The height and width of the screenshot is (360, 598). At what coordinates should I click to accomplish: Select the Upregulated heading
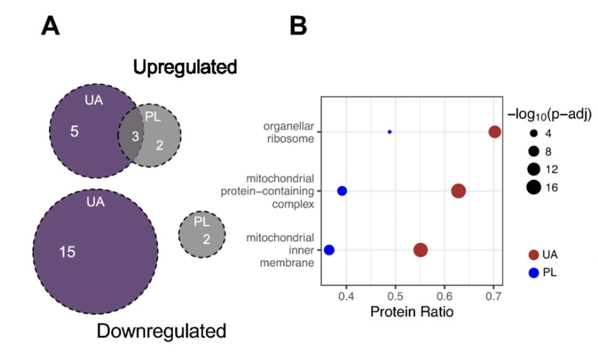[x=185, y=67]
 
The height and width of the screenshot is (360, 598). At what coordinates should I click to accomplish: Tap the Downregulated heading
[x=162, y=331]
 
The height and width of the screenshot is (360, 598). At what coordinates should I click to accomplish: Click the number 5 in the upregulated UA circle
[x=74, y=131]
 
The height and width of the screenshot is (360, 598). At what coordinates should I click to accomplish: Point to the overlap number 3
[x=136, y=137]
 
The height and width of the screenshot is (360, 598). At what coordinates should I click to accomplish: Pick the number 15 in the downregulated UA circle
[x=67, y=251]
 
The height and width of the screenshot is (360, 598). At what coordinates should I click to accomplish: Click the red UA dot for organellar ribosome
[x=494, y=132]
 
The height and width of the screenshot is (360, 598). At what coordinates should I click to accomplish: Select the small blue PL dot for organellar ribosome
[x=390, y=132]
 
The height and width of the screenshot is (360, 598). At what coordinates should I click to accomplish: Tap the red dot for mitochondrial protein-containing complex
[x=458, y=191]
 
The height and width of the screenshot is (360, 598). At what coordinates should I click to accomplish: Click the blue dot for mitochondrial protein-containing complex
[x=342, y=191]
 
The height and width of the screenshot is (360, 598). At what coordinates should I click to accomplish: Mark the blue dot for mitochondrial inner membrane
[x=329, y=250]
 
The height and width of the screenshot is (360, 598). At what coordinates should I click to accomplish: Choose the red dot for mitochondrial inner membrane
[x=421, y=250]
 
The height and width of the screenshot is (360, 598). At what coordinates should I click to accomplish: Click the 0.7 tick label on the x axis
[x=493, y=294]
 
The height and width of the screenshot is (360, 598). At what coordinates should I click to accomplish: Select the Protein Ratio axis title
[x=412, y=312]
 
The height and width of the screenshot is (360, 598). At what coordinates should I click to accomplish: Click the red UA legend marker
[x=533, y=254]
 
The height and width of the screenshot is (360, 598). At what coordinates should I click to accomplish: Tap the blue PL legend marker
[x=533, y=273]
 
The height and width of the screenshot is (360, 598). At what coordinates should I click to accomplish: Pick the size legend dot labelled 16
[x=533, y=187]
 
